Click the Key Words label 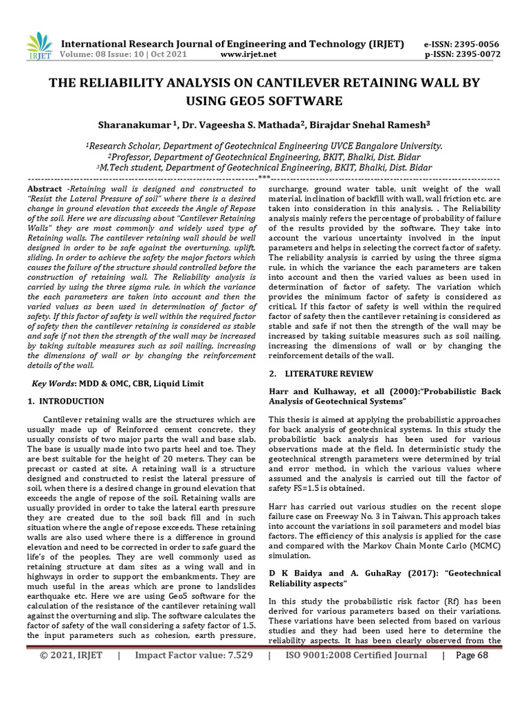click(58, 383)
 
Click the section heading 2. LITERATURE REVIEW click(320, 374)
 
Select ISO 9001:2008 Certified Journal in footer click(355, 674)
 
